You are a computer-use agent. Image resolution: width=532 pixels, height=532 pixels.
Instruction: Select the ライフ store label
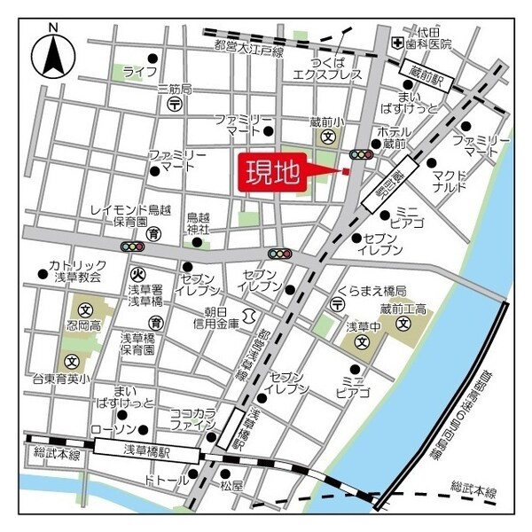140,71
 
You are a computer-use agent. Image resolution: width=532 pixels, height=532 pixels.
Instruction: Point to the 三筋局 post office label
174,89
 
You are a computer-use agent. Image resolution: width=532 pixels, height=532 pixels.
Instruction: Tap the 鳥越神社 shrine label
198,223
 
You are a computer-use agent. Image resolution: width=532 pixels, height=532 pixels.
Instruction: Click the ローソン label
112,428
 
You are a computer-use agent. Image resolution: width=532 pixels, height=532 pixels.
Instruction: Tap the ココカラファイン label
192,419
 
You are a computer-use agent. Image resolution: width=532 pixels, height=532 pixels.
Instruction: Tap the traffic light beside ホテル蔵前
360,154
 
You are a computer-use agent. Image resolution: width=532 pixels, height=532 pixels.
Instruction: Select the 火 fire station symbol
137,274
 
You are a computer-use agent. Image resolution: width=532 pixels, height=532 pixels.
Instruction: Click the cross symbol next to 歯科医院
399,43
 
